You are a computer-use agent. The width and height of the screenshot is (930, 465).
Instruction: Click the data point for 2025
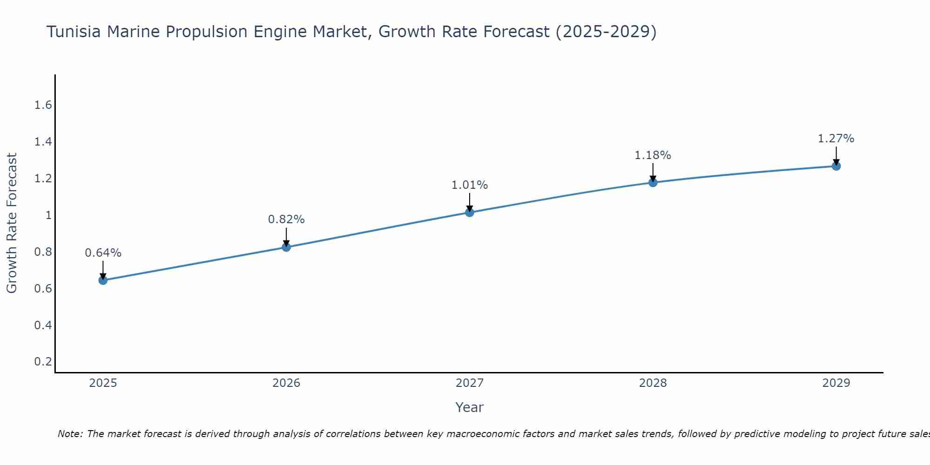103,280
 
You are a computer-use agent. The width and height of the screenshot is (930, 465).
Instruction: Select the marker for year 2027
470,213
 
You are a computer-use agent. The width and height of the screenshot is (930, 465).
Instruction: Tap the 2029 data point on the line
836,166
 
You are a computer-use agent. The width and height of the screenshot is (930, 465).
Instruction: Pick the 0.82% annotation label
286,219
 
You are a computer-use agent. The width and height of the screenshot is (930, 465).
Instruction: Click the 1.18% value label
653,155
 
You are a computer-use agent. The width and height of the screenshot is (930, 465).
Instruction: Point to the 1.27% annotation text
836,139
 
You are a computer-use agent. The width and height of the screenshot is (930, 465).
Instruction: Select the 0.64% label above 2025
103,253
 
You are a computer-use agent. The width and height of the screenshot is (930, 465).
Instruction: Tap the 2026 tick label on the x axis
286,383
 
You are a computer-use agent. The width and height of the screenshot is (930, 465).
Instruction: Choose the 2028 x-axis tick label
653,383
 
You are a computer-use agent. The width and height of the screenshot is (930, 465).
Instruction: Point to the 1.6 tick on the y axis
43,105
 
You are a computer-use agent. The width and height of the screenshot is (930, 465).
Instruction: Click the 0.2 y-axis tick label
43,362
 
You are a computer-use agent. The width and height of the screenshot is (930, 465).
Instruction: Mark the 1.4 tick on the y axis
43,142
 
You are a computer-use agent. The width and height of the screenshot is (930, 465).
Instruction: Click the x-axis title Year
470,407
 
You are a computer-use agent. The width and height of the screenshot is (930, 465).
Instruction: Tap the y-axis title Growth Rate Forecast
12,223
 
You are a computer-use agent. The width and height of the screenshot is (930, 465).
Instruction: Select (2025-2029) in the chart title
606,32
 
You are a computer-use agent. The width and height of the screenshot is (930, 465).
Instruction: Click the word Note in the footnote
70,434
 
